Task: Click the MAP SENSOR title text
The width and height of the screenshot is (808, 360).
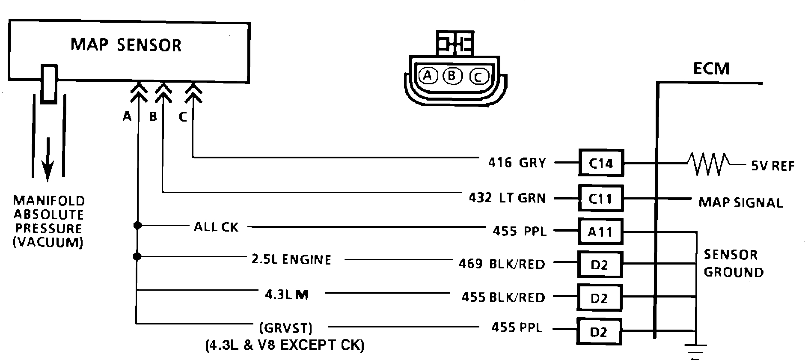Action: [x=126, y=45]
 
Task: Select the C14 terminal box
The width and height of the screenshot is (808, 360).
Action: [x=601, y=163]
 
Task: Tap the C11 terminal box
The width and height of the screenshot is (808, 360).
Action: [x=601, y=198]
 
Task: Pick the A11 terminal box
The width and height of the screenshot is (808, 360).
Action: [x=600, y=232]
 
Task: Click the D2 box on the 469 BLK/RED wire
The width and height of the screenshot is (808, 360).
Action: [x=599, y=265]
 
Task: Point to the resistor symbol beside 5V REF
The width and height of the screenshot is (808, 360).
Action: [x=708, y=164]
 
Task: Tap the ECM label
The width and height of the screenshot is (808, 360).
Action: [x=711, y=68]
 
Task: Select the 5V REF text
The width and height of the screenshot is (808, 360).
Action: [x=773, y=166]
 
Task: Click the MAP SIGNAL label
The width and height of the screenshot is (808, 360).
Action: [x=740, y=202]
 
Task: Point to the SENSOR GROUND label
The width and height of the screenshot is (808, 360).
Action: [x=734, y=263]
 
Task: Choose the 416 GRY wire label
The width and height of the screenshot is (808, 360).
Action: [x=517, y=163]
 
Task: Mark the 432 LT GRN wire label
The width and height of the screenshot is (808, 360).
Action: [x=508, y=198]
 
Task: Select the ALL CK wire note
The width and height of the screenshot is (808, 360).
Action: [x=216, y=227]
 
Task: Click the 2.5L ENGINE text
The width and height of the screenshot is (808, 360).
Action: [x=291, y=260]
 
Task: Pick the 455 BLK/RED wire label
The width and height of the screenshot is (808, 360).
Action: [x=503, y=297]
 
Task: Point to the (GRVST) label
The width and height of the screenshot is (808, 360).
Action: [x=286, y=328]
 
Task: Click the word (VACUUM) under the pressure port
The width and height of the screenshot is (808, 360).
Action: [x=48, y=242]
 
